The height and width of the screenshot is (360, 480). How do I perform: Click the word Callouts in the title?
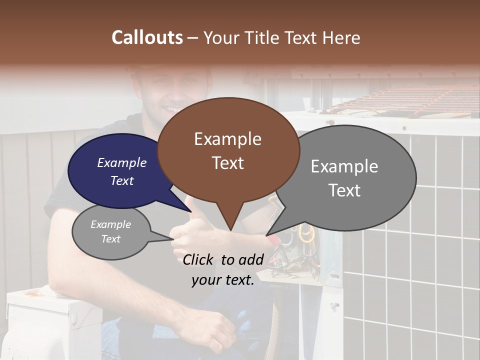pos(147,38)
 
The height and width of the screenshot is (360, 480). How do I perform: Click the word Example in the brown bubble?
pos(227,139)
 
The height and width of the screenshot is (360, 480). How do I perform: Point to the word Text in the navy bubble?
pos(122,180)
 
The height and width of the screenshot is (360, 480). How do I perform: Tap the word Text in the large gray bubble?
pos(344,190)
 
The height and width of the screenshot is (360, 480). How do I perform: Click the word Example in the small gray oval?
pos(110,224)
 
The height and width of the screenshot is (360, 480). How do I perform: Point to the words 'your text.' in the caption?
pos(222,280)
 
